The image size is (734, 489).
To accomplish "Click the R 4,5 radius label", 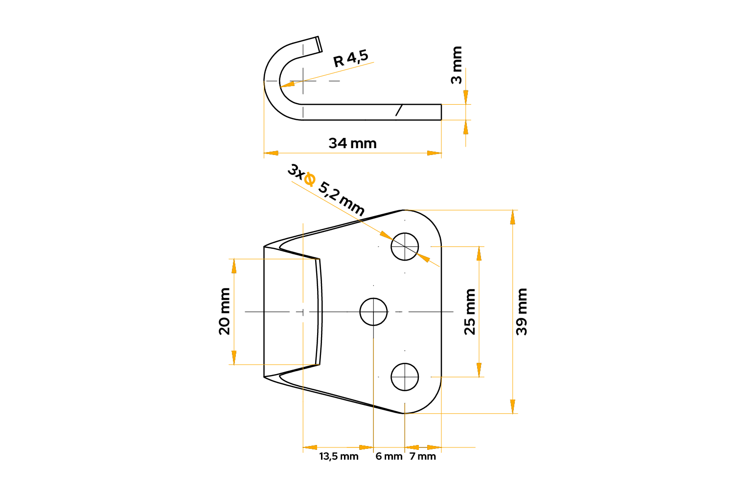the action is pyautogui.click(x=351, y=58).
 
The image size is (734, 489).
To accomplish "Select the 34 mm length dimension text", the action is pyautogui.click(x=353, y=143).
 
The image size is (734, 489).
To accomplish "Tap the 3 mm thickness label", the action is pyautogui.click(x=456, y=65).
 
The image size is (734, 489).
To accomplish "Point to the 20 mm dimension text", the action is pyautogui.click(x=224, y=311).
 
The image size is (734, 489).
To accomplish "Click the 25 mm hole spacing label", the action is pyautogui.click(x=470, y=312).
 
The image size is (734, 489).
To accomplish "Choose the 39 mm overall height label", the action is pyautogui.click(x=521, y=312).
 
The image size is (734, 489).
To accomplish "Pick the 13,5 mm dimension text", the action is pyautogui.click(x=339, y=456).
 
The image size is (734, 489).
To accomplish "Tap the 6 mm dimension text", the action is pyautogui.click(x=389, y=456).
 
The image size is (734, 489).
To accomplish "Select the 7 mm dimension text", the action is pyautogui.click(x=423, y=456).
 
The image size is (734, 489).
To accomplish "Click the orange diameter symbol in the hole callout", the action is pyautogui.click(x=309, y=179).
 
